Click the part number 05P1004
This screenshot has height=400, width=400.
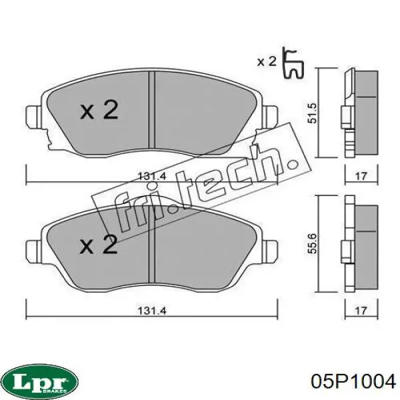click(x=354, y=382)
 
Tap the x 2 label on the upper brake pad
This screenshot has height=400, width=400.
click(x=99, y=110)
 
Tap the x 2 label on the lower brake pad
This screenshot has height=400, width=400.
click(x=99, y=245)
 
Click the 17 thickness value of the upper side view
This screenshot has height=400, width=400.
click(x=361, y=177)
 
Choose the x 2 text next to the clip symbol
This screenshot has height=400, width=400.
click(x=267, y=61)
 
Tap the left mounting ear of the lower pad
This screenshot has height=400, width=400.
click(x=31, y=251)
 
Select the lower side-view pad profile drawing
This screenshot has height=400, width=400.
click(x=361, y=246)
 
